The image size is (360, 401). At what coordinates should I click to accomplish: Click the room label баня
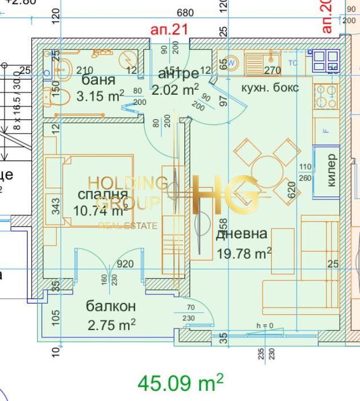click(x=98, y=80)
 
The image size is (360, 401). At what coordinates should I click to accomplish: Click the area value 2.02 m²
click(x=175, y=89)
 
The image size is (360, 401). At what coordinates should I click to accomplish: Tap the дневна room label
click(x=241, y=233)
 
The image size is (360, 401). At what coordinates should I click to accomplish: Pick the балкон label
click(x=110, y=306)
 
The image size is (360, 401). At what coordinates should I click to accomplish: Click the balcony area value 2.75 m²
click(x=112, y=325)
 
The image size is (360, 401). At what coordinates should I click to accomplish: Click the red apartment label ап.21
click(x=169, y=29)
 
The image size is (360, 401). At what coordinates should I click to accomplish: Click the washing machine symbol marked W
click(x=232, y=62)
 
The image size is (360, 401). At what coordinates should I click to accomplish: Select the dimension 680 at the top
click(x=185, y=13)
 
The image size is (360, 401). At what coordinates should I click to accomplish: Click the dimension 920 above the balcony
click(x=125, y=264)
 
